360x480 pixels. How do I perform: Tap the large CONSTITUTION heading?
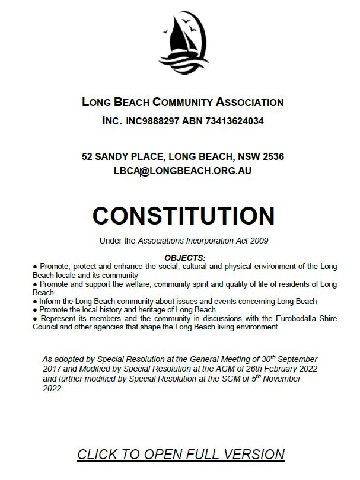(x=183, y=215)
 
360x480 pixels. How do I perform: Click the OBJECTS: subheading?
(x=184, y=258)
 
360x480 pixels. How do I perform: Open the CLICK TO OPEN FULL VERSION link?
(x=180, y=455)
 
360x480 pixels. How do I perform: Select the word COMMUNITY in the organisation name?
(x=174, y=102)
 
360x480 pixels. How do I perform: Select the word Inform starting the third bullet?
(x=50, y=301)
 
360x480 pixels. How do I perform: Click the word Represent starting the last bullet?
(x=58, y=318)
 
